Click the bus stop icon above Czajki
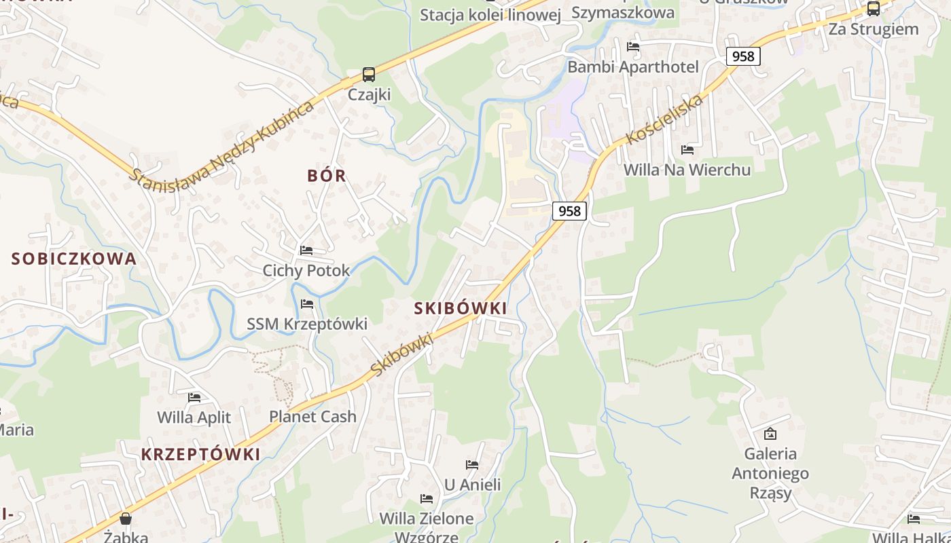pos(368,75)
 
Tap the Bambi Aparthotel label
pos(633,67)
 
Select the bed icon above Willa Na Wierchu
pos(687,149)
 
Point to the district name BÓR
pos(327,176)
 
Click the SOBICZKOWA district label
pos(74,259)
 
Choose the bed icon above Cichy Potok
pos(306,250)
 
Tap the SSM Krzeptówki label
pos(307,324)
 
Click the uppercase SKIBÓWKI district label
pos(461,308)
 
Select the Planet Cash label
pos(312,417)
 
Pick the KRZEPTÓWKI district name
pos(201,455)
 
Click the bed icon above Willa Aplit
pos(194,397)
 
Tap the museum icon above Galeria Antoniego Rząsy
pos(770,433)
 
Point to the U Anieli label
pos(472,485)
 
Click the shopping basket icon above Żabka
pos(126,519)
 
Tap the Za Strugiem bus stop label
pos(874,29)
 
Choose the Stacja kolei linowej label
pos(490,15)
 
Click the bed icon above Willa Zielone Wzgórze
pos(427,499)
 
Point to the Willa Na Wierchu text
pos(687,170)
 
